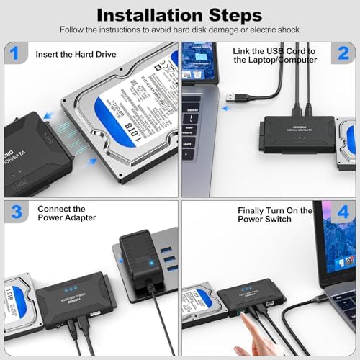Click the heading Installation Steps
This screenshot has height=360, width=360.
[x=179, y=14]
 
